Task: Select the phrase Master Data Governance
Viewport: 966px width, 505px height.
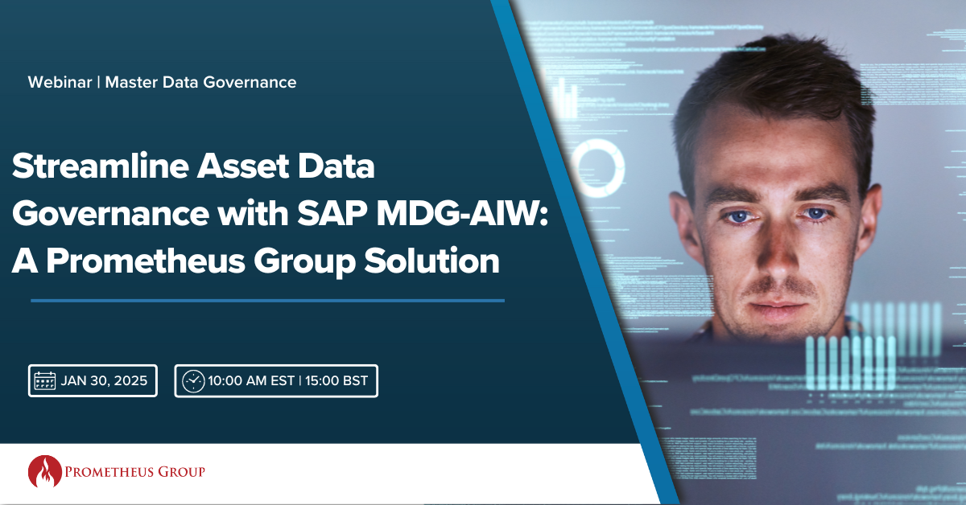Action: pos(200,82)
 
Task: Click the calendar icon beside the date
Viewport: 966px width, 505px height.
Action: pos(44,381)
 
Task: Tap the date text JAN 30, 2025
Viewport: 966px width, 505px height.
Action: pos(104,381)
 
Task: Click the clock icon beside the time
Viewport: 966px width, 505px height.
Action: pos(193,381)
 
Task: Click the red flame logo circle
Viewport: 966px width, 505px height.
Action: pos(45,472)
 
